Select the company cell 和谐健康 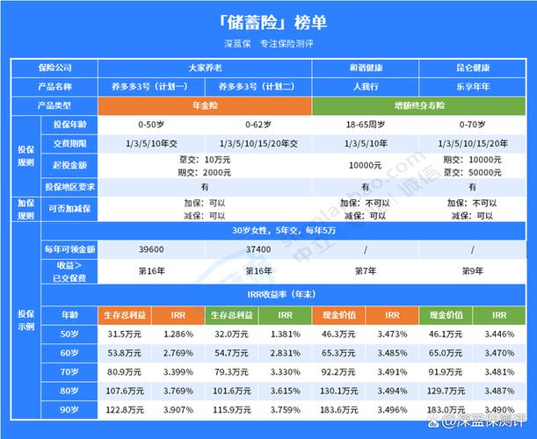click(365, 68)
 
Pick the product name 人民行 click(365, 86)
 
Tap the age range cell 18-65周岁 click(365, 124)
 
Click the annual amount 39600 click(152, 251)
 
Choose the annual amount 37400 click(258, 251)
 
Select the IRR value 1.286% click(178, 335)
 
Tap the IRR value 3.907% click(178, 410)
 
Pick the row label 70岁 click(69, 372)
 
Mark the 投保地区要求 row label click(69, 187)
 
